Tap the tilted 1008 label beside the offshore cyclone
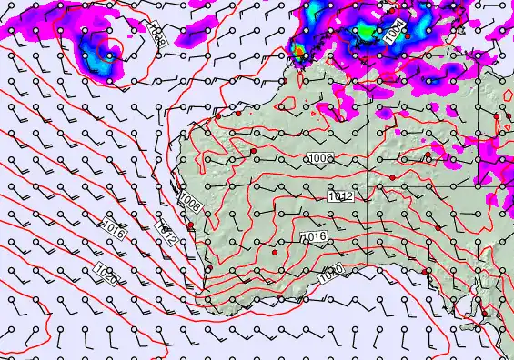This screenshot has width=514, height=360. point(156,36)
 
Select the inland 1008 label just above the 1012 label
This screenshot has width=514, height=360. point(320,159)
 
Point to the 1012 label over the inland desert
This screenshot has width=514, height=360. point(340,195)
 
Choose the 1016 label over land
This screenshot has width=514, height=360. point(313,237)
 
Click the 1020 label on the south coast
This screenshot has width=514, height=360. point(331,273)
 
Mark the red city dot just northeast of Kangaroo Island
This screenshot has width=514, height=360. point(484,314)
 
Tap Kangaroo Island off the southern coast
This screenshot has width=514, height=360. point(469,325)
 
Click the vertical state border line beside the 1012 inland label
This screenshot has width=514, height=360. point(368,195)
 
